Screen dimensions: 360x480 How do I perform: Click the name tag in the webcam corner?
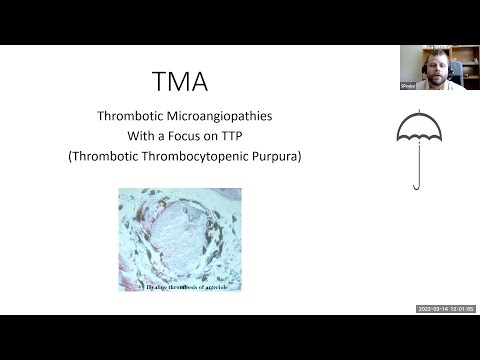(408, 87)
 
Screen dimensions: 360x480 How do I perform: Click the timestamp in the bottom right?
(445, 309)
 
